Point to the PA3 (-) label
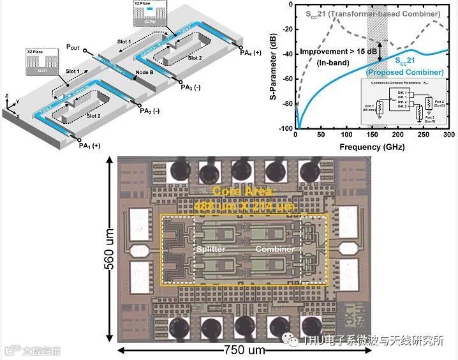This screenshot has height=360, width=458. point(193,87)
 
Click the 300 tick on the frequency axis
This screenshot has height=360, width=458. point(448,135)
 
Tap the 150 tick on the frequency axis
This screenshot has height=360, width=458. point(371,135)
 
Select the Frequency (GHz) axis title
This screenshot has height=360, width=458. point(371,146)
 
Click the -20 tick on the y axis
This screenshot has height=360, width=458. point(286,30)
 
